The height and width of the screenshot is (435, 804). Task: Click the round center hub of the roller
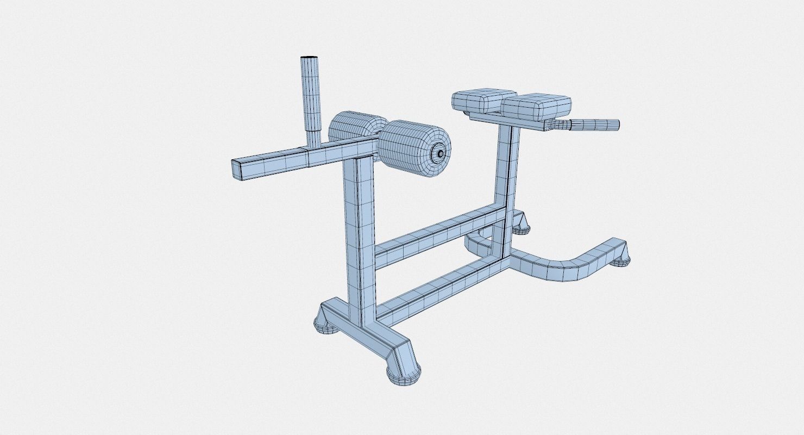click(438, 154)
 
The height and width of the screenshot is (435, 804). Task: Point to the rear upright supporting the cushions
click(505, 169)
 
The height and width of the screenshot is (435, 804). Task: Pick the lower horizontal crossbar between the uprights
click(440, 288)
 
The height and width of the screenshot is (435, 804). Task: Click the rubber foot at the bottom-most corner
click(404, 373)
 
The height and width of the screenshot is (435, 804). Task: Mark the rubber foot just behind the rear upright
click(522, 225)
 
